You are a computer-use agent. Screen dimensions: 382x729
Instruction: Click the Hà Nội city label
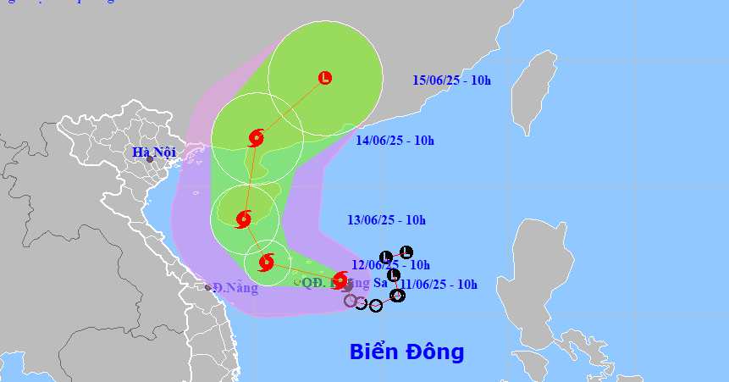(152, 152)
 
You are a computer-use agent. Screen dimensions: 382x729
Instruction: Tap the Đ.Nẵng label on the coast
(235, 288)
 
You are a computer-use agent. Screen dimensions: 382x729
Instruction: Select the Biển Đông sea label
(407, 352)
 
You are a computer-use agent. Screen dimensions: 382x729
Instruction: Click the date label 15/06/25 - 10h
(452, 80)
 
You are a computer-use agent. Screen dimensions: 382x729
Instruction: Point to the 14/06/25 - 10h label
(395, 141)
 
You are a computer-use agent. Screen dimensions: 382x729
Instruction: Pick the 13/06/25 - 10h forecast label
(386, 220)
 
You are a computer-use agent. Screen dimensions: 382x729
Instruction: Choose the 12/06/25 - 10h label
(391, 265)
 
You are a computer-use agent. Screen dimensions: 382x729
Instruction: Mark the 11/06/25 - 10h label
(439, 284)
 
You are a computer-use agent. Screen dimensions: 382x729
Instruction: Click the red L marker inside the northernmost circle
(325, 78)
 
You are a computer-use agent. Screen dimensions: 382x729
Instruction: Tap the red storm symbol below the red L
(257, 137)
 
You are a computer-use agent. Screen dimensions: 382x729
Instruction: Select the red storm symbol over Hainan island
(244, 219)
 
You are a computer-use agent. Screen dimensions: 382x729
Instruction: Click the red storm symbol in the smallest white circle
(267, 262)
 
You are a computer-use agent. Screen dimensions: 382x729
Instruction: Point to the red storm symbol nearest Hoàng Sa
(340, 280)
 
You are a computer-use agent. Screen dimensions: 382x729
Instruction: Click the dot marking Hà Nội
(149, 159)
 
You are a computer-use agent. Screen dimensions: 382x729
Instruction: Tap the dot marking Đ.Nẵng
(208, 287)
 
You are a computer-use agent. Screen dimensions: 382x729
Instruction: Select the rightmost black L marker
(406, 252)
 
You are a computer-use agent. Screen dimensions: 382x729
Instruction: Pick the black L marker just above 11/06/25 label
(394, 274)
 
